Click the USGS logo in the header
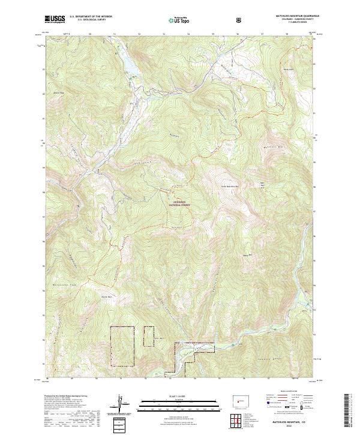pos(55,19)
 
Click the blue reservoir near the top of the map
pos(131,65)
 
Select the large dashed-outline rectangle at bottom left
pos(122,346)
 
